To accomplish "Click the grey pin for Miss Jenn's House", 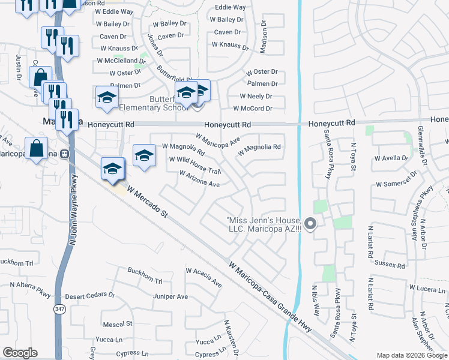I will coord(310,224).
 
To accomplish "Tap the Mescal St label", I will coord(118,324).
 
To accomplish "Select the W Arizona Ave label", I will coord(199,179).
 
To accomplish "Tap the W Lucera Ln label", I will coord(428,289).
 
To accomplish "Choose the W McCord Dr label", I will coord(256,109).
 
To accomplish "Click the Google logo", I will coord(20,353).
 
